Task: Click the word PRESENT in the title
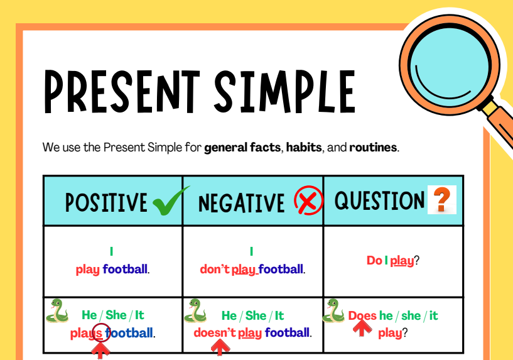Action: [x=122, y=92]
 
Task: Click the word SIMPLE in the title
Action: [x=284, y=92]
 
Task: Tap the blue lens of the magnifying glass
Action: [x=449, y=64]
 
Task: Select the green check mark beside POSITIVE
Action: [x=171, y=200]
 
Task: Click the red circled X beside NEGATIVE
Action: [x=308, y=200]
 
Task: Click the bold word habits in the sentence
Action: [x=304, y=147]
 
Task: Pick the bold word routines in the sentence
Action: [x=373, y=147]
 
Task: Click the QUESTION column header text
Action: [x=379, y=200]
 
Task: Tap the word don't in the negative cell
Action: [x=215, y=269]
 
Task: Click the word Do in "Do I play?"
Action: [x=374, y=261]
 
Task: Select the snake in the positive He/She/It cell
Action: [x=57, y=310]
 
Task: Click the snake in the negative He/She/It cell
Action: [x=195, y=310]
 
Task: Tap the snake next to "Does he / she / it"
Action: [x=333, y=310]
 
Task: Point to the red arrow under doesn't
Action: [x=220, y=347]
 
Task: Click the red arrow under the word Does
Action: [x=362, y=328]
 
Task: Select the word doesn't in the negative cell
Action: [x=215, y=333]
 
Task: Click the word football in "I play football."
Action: [x=125, y=269]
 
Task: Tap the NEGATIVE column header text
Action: [x=242, y=203]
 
